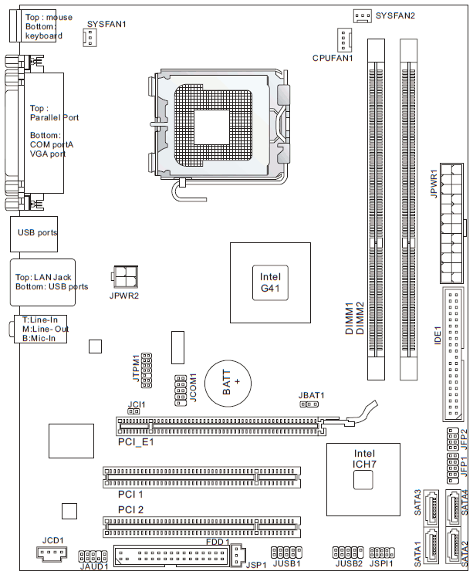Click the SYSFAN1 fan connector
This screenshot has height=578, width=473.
(x=90, y=37)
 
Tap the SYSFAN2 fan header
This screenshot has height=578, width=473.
(x=363, y=16)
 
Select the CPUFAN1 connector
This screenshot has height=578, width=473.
(x=344, y=40)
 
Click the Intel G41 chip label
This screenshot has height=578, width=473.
(x=270, y=282)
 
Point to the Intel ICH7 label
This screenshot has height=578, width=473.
(x=364, y=458)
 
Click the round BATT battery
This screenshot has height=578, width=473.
(x=228, y=383)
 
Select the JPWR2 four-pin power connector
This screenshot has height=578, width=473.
(x=124, y=276)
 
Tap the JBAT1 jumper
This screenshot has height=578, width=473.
(x=309, y=404)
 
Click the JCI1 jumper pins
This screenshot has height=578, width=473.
(x=133, y=411)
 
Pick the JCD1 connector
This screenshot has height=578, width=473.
(x=52, y=553)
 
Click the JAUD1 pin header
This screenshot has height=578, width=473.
(x=93, y=556)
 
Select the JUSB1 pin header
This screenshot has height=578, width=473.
(x=286, y=553)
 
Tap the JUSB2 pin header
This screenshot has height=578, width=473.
(x=348, y=553)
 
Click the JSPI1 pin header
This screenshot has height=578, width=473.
(x=382, y=553)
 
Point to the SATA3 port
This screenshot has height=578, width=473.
(x=431, y=508)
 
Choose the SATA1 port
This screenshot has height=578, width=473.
(x=431, y=545)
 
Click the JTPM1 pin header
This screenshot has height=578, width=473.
(x=146, y=370)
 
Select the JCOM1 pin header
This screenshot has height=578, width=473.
(x=181, y=390)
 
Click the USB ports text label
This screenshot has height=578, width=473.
(x=38, y=232)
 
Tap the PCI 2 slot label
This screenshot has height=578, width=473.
(x=130, y=510)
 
